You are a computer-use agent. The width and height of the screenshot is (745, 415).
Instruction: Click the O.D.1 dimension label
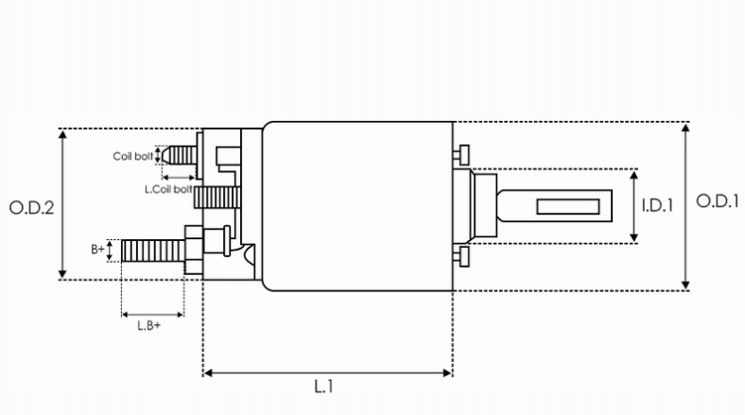[716, 201]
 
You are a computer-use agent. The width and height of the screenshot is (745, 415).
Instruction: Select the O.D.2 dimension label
[30, 207]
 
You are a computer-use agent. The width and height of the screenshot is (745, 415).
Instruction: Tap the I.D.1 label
[656, 204]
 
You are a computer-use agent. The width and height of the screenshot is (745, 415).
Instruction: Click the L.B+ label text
[148, 325]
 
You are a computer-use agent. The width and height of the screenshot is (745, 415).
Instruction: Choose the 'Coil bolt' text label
[132, 156]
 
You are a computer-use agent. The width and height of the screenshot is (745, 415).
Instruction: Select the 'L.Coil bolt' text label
[168, 189]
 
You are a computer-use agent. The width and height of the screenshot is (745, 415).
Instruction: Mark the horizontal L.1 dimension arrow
[328, 373]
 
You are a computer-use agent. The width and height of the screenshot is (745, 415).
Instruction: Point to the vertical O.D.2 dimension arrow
[63, 204]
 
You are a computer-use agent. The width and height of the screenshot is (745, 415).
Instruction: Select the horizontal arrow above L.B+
[152, 314]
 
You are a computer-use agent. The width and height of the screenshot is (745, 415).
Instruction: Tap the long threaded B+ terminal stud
[151, 251]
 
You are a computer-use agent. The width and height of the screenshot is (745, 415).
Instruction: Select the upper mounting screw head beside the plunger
[462, 154]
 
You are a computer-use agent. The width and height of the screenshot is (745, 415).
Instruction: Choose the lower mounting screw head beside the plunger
[462, 257]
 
